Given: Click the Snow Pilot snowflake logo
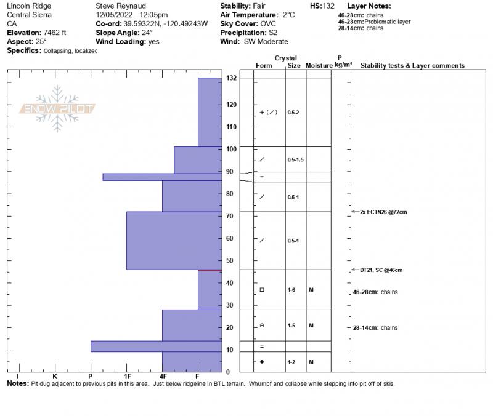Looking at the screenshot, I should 57,108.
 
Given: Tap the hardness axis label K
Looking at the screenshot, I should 55,376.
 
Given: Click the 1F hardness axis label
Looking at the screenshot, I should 128,376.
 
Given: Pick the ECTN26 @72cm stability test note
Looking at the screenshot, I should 383,212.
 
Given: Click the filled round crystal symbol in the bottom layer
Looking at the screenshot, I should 262,362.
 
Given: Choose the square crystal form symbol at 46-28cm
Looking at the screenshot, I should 262,289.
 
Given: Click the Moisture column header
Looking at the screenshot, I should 319,65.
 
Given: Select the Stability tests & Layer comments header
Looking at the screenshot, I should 412,65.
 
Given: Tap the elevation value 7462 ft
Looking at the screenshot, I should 56,33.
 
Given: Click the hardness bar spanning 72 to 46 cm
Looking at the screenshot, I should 174,241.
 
